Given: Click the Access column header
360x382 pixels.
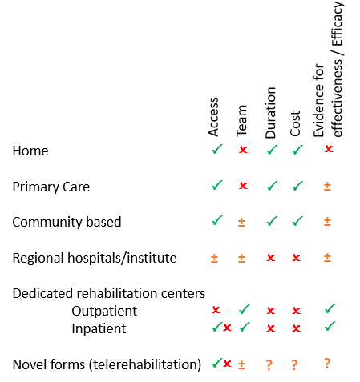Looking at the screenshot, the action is coord(213,117).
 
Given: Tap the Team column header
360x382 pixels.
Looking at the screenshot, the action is coord(241,121).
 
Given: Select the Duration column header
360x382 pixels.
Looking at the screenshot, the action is coord(270,112).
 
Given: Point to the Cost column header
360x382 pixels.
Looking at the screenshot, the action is coord(295,123).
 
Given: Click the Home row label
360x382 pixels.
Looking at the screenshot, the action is coord(30,151).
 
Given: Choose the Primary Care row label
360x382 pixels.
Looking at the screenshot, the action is coord(51,187).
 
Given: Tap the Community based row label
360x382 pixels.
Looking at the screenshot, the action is coord(67,222).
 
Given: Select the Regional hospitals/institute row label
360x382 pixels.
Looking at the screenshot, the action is coord(95,258).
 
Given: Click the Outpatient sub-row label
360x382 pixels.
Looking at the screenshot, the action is coord(104,311).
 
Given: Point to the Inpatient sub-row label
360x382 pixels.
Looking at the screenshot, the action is coord(99,328).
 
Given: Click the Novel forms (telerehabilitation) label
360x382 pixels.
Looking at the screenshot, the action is coord(107,364).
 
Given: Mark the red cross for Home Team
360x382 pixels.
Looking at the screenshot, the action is coord(243,150).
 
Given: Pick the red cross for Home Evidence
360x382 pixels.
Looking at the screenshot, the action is coord(329,149).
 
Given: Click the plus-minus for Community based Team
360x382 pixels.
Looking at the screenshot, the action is coord(241,222).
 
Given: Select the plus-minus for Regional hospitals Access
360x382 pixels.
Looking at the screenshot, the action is coord(214,258).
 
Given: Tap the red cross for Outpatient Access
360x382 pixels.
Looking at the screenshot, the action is coord(216,310).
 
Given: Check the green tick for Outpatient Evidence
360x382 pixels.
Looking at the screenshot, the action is coord(330,308).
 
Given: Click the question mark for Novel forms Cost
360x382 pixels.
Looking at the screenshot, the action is coord(294,365).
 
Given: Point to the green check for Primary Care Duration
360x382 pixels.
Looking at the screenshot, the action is coord(272,186).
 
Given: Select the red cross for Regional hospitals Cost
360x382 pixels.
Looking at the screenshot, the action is coord(297,258).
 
